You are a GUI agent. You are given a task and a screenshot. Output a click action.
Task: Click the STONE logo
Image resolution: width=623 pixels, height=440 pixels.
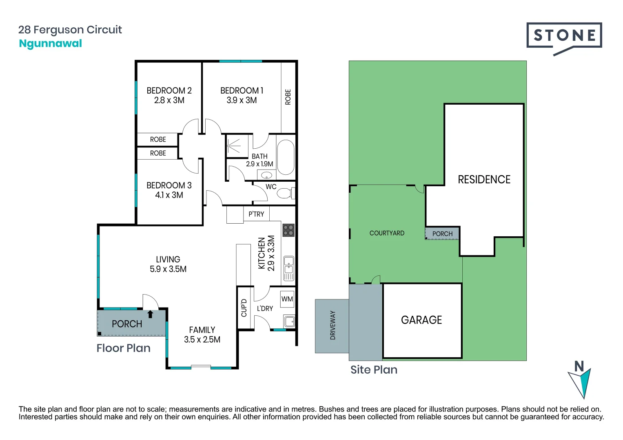[x=564, y=36]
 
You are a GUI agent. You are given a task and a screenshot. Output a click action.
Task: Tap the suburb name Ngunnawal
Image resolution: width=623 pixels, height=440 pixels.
[x=51, y=44]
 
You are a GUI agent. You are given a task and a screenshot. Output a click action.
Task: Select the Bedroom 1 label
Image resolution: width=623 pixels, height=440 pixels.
[x=242, y=95]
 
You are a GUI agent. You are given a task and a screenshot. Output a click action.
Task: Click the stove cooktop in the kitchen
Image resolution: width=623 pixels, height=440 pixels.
[x=288, y=230]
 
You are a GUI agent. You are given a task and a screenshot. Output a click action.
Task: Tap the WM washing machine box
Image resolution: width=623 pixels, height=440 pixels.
[x=287, y=299]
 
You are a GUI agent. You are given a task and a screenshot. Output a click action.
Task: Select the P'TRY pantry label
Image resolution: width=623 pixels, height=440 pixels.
[x=256, y=214]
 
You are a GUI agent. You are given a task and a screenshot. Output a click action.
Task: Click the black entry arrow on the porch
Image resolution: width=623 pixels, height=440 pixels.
[x=150, y=314]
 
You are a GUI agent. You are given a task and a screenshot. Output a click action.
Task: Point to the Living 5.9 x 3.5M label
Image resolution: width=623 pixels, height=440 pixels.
[x=168, y=264]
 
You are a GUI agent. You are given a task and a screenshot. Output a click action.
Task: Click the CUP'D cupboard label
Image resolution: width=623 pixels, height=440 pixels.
[x=244, y=308]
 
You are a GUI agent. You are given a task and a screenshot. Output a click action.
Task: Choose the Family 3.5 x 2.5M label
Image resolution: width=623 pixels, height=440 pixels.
[x=202, y=334]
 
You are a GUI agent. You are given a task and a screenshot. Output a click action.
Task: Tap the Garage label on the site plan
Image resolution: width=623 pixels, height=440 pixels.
[x=421, y=320]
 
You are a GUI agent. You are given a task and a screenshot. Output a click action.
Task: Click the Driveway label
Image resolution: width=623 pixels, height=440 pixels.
[x=333, y=325]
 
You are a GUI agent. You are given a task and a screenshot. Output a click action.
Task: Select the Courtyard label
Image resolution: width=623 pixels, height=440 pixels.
[x=387, y=233]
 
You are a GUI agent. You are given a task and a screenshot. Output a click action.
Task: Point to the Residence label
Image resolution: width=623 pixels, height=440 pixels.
[x=484, y=180]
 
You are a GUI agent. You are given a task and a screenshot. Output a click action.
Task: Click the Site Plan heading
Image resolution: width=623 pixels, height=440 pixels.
[x=374, y=370]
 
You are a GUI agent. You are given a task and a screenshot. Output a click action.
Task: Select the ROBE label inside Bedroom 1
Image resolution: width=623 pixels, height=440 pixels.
[x=288, y=97]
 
